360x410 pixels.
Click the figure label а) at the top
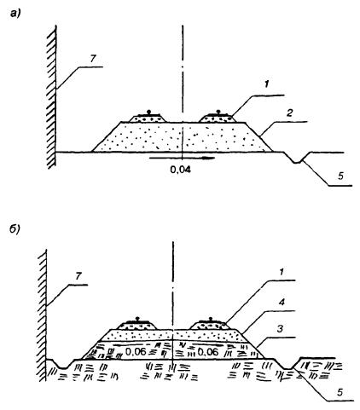(x=15, y=14)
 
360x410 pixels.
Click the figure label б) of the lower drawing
(x=15, y=228)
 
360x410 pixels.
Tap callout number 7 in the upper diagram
(x=93, y=59)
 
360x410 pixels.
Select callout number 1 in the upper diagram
(x=266, y=84)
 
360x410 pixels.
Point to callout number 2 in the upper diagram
(x=289, y=113)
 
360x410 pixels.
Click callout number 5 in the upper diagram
(x=340, y=176)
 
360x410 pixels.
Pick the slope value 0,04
(x=181, y=170)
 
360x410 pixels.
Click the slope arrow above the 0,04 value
(x=182, y=158)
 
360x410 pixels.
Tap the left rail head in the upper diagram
(x=148, y=112)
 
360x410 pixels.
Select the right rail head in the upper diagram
(x=218, y=112)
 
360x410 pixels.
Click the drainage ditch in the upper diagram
(x=296, y=158)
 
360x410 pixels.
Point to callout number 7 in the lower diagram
(x=78, y=276)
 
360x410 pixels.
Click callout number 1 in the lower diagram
(x=282, y=272)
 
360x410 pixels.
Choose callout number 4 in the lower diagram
(x=282, y=302)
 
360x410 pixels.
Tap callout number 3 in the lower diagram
(x=280, y=329)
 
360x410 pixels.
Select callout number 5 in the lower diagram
(x=340, y=392)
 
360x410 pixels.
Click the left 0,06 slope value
(x=136, y=352)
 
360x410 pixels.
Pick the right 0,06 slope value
(x=208, y=352)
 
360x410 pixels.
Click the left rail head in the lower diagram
(x=137, y=319)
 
